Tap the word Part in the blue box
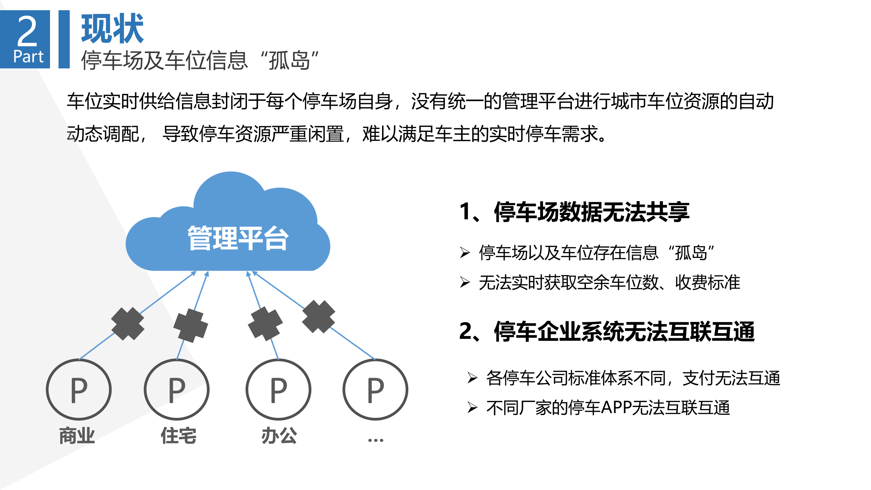pyautogui.click(x=28, y=56)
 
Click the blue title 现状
pyautogui.click(x=112, y=29)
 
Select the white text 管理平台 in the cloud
pyautogui.click(x=238, y=238)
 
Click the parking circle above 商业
pyautogui.click(x=79, y=389)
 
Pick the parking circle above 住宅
pyautogui.click(x=177, y=389)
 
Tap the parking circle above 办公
pyautogui.click(x=278, y=389)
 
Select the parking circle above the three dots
pyautogui.click(x=375, y=389)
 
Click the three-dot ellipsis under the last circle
pyautogui.click(x=376, y=440)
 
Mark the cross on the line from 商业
pyautogui.click(x=128, y=324)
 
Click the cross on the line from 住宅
pyautogui.click(x=191, y=325)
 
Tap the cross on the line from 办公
pyautogui.click(x=265, y=323)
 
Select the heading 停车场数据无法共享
pyautogui.click(x=591, y=212)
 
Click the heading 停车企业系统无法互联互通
pyautogui.click(x=624, y=331)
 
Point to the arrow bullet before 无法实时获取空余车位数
pyautogui.click(x=465, y=282)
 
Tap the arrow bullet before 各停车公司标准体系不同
pyautogui.click(x=472, y=378)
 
